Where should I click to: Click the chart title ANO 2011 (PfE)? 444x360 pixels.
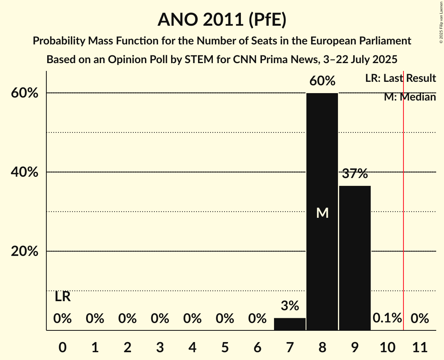[222, 20]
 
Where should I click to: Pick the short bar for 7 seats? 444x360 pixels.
[290, 324]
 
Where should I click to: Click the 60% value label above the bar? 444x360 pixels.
[322, 81]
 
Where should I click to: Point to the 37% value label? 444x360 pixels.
[355, 174]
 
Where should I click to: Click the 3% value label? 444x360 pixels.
[290, 306]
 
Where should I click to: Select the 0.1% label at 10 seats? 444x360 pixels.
[387, 318]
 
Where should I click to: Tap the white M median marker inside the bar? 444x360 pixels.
[322, 213]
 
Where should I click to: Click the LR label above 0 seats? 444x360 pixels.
[62, 297]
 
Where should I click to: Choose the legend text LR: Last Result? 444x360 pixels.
[400, 78]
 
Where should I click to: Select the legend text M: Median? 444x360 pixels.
[410, 97]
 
